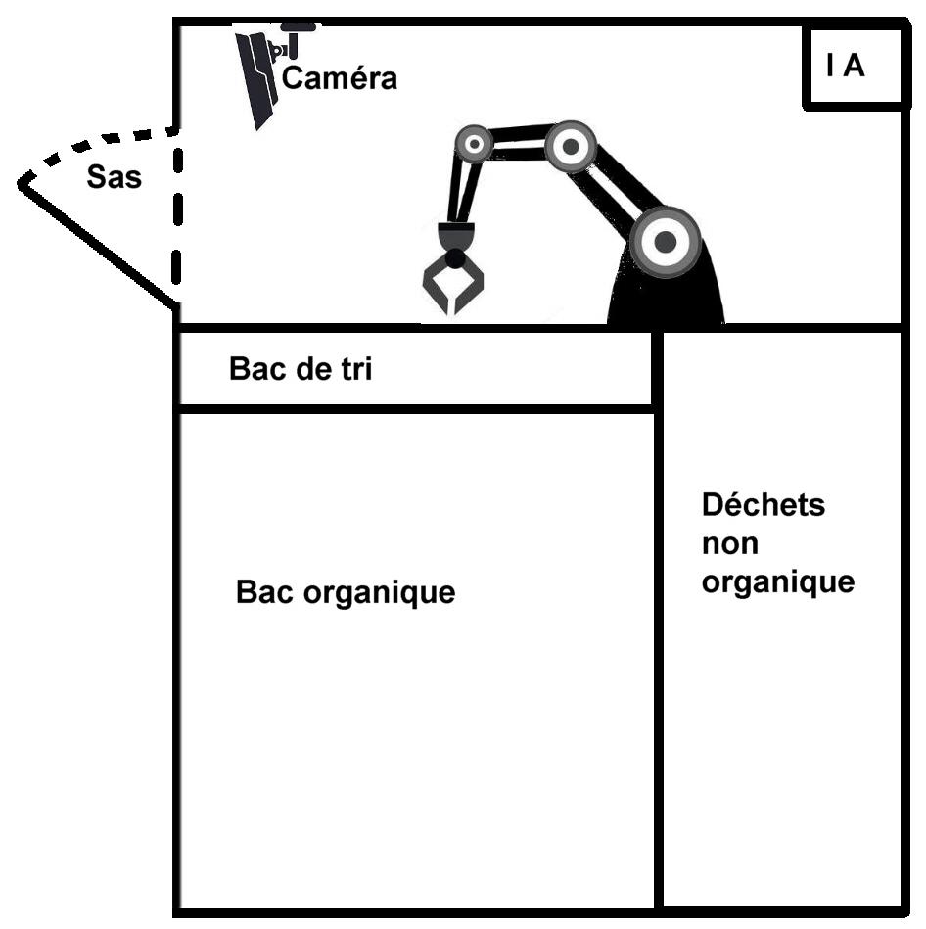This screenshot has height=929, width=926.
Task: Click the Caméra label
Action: tap(340, 78)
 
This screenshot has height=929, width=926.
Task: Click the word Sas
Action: tap(114, 178)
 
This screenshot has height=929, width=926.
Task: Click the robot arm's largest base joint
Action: tap(666, 241)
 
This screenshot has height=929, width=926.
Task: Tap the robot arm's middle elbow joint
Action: tap(570, 147)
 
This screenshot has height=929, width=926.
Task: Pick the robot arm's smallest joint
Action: tap(475, 145)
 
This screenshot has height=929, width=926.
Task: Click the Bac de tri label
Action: tap(301, 370)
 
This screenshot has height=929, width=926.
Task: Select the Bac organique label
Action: tap(346, 592)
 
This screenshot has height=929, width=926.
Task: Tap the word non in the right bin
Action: tap(729, 544)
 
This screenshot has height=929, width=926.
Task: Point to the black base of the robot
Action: tap(666, 299)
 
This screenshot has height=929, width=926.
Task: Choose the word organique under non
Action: tap(778, 582)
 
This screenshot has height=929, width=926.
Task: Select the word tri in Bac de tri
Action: tap(353, 370)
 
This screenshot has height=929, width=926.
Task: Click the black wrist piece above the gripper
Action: tap(455, 238)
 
